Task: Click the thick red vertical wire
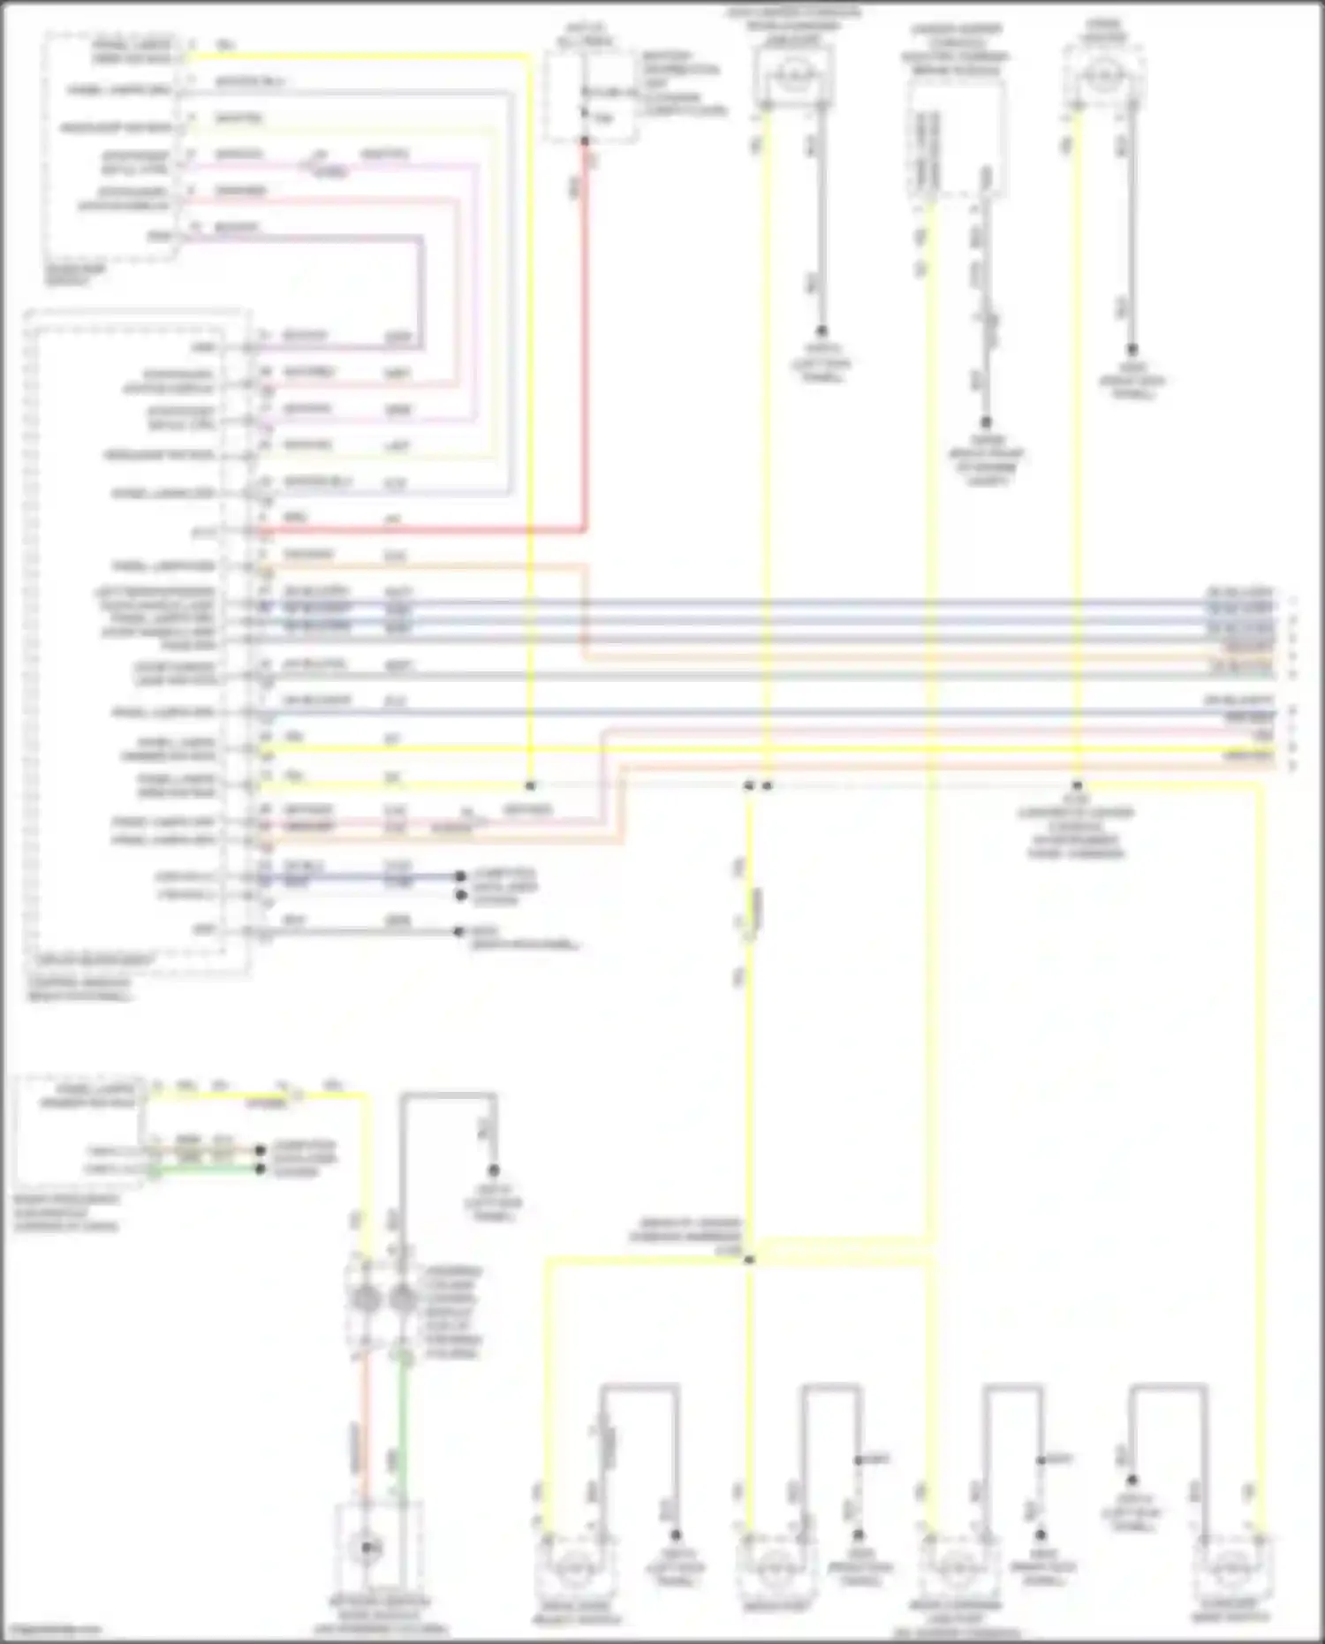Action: [x=584, y=336]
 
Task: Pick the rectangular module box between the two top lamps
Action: [x=957, y=137]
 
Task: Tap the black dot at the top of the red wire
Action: [x=584, y=140]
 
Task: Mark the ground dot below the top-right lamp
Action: [x=1132, y=350]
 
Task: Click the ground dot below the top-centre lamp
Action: [x=821, y=331]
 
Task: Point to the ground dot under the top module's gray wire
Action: [x=986, y=423]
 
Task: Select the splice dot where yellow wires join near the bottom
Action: [x=749, y=1260]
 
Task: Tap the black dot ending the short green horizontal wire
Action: [x=261, y=1170]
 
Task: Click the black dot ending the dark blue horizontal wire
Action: [x=460, y=877]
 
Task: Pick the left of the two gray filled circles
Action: [x=365, y=1299]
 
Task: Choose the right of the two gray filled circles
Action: [x=403, y=1299]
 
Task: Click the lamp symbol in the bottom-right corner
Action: [x=1230, y=1568]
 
